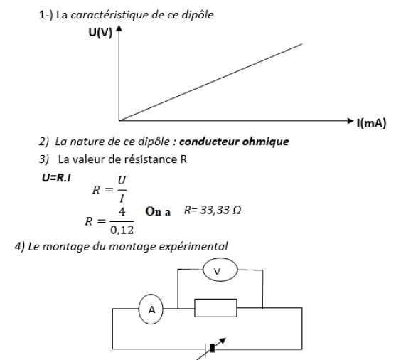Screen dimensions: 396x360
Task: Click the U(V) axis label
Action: click(100, 33)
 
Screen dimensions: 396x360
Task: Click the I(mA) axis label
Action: click(371, 123)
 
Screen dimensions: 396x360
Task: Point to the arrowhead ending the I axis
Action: click(350, 121)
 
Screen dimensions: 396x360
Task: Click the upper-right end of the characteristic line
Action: click(302, 44)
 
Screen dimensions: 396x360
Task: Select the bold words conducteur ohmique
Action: click(234, 142)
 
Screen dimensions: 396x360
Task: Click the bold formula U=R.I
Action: click(56, 178)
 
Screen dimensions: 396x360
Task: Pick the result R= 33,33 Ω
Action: click(213, 211)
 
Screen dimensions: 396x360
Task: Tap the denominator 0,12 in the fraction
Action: click(122, 230)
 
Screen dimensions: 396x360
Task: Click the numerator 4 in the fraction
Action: click(122, 211)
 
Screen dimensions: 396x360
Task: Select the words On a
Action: click(158, 211)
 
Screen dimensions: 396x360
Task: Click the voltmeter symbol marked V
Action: click(220, 270)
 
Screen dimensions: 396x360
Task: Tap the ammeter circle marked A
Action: click(151, 309)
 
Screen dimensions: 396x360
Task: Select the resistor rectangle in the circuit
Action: click(215, 308)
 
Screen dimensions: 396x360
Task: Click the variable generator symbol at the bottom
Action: click(212, 348)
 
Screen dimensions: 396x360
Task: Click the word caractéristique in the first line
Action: click(110, 15)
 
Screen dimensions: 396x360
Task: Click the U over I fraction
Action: click(122, 189)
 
